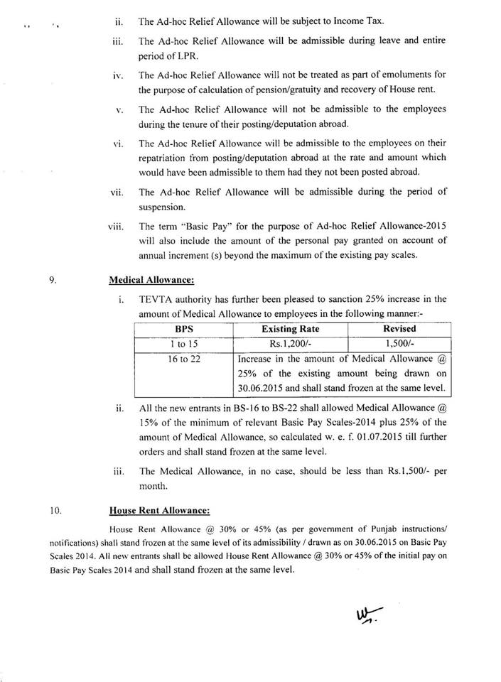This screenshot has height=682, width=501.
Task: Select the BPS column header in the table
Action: pyautogui.click(x=183, y=330)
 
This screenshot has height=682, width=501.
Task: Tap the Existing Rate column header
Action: pyautogui.click(x=290, y=330)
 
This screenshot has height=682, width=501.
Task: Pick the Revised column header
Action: pyautogui.click(x=399, y=330)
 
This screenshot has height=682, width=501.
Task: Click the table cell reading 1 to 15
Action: pyautogui.click(x=183, y=343)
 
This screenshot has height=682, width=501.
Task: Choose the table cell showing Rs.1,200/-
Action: pyautogui.click(x=290, y=343)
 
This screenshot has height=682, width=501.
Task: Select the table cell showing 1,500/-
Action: pyautogui.click(x=399, y=343)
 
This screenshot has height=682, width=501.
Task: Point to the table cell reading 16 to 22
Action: pyautogui.click(x=183, y=359)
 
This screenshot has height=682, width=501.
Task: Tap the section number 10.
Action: pyautogui.click(x=55, y=509)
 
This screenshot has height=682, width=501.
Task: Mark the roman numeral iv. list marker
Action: pyautogui.click(x=119, y=75)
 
